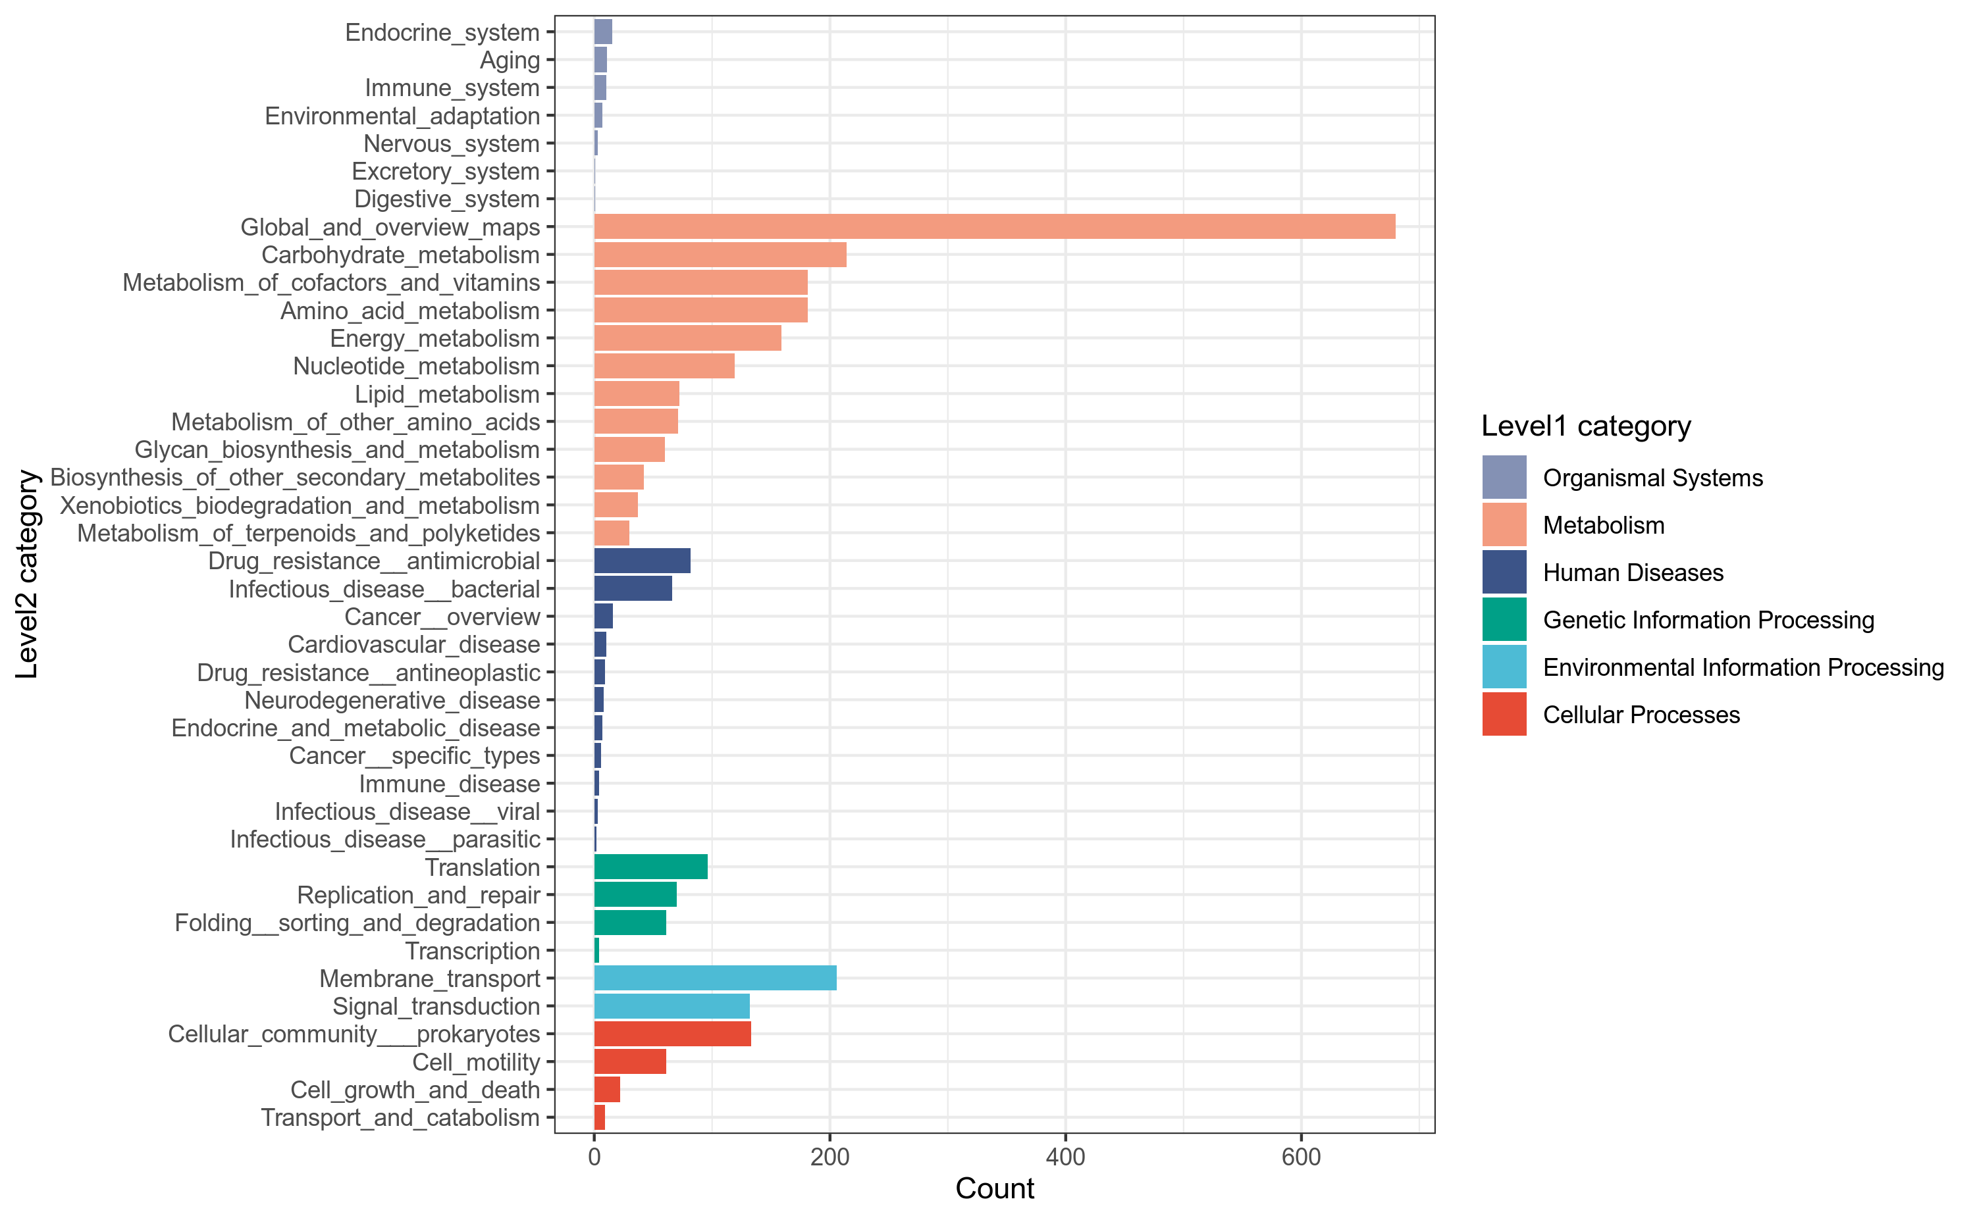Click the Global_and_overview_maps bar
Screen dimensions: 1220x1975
pos(993,227)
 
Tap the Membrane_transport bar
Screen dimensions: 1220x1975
pos(714,978)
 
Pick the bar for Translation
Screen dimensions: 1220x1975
pos(650,867)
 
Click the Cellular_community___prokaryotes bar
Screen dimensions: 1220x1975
pos(671,1034)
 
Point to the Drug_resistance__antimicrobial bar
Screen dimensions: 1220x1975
pos(642,561)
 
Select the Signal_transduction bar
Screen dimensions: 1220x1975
pos(671,1006)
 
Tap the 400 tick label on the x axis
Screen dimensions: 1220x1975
pos(1065,1157)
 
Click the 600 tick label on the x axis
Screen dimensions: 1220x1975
pos(1300,1157)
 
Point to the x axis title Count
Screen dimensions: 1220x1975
pos(994,1188)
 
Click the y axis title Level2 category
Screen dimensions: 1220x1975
pos(28,574)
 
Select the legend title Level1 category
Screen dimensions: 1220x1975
pos(1585,426)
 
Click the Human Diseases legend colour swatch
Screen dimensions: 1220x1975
pos(1504,572)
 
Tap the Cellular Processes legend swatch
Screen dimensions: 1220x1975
pos(1504,714)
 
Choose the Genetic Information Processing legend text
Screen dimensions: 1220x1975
pos(1708,620)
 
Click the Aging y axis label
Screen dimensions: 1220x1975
pos(510,61)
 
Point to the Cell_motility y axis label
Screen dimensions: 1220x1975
pos(475,1062)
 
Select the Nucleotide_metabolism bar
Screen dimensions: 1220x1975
pos(664,367)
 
